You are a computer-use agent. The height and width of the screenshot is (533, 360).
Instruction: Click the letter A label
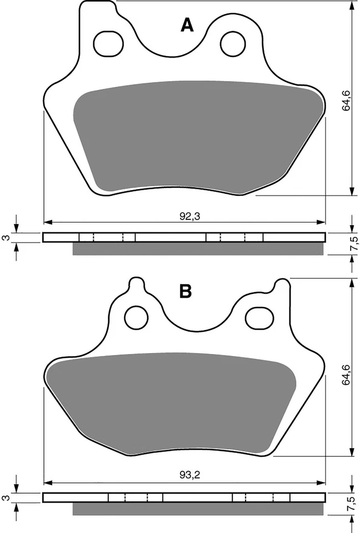click(x=188, y=25)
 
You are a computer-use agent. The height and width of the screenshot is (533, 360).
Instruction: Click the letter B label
click(x=186, y=291)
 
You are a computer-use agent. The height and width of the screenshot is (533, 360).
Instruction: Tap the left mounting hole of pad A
click(x=104, y=43)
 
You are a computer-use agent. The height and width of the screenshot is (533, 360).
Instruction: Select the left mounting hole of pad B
click(x=133, y=318)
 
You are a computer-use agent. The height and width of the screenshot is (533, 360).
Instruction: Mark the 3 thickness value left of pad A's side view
click(x=6, y=238)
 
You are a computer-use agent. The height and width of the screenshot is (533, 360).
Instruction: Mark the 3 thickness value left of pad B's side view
click(x=6, y=498)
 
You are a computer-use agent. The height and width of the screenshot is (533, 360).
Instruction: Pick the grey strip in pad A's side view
click(x=197, y=249)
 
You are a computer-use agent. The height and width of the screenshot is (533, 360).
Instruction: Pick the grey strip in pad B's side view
click(x=197, y=509)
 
